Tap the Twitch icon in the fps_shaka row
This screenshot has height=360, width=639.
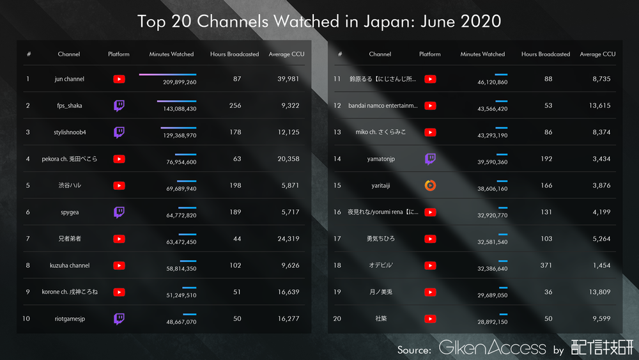click(119, 106)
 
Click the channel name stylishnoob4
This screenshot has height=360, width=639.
click(70, 132)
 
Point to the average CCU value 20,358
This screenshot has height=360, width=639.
click(288, 159)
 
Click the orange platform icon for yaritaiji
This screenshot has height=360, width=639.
click(430, 185)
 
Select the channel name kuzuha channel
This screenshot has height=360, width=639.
click(70, 265)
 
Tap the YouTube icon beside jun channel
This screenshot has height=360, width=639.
click(119, 79)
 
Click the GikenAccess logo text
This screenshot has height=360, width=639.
click(492, 348)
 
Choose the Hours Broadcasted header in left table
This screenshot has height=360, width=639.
click(235, 54)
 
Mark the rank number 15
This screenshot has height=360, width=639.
click(337, 185)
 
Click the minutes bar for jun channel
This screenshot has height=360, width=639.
click(167, 75)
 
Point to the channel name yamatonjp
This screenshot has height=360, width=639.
click(381, 159)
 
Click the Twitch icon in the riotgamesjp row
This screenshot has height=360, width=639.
click(119, 318)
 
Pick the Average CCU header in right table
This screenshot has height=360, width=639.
click(597, 54)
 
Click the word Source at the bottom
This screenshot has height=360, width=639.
click(413, 350)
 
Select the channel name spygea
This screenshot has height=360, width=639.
click(70, 212)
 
